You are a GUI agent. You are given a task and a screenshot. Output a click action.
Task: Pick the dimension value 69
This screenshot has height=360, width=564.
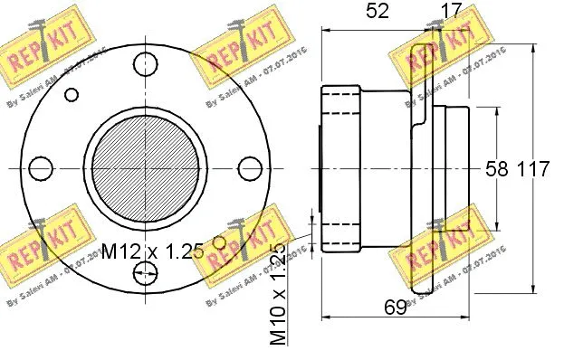[x=393, y=308]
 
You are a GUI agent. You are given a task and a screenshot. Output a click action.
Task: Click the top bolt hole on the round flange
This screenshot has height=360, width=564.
[x=145, y=63]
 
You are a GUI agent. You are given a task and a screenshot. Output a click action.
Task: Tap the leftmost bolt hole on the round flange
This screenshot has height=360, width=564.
[x=39, y=168]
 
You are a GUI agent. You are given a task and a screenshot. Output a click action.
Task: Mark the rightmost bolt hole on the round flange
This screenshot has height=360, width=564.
[x=251, y=168]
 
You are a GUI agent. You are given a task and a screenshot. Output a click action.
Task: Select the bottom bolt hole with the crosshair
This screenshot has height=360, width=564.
[x=145, y=273]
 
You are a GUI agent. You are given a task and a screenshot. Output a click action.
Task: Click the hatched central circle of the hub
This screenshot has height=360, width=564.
[x=145, y=168]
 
